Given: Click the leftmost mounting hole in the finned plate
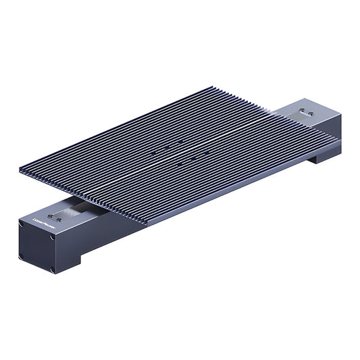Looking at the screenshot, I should point(154,153).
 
